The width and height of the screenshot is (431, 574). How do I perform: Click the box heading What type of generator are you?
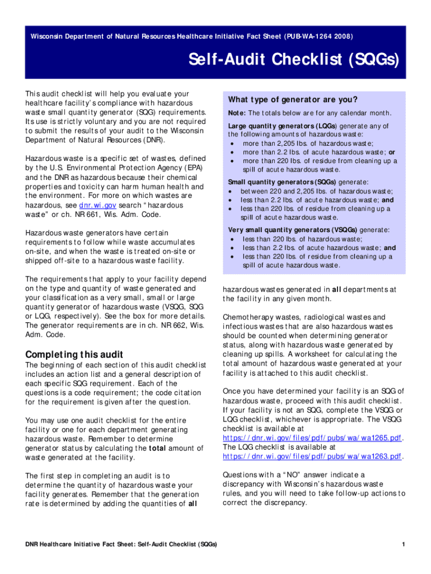coord(292,100)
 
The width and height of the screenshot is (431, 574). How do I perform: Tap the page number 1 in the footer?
coord(403,544)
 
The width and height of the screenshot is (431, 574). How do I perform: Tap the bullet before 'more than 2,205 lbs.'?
coord(233,143)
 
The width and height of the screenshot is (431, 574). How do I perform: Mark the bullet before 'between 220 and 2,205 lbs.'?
coord(232,191)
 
